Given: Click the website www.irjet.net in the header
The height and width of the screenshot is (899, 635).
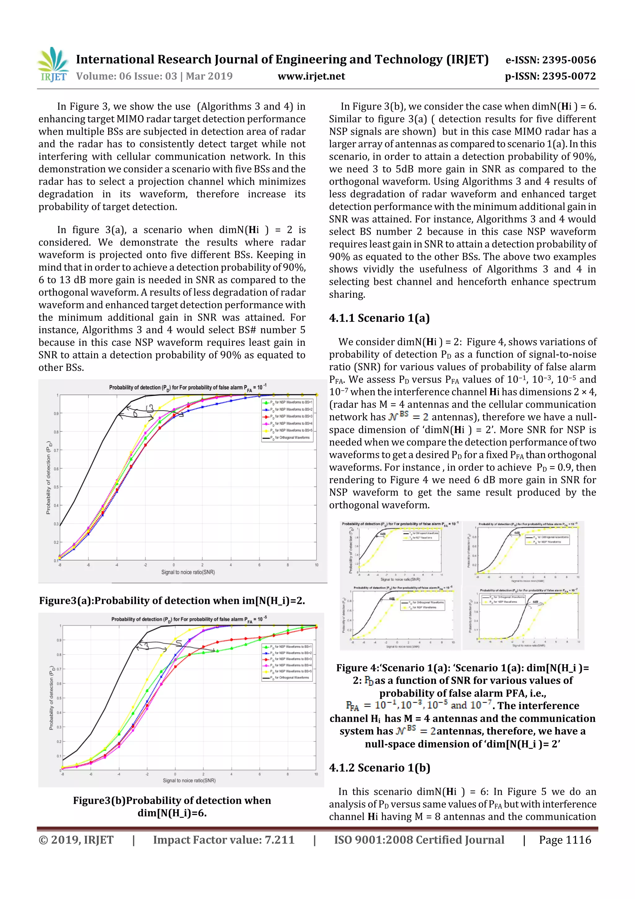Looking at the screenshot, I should tap(311, 76).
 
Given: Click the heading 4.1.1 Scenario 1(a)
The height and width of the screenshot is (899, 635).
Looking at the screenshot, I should tap(379, 318).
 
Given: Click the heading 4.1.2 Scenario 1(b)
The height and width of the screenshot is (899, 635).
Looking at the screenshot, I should tap(380, 768).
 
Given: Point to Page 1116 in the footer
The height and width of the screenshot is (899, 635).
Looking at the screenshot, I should tap(565, 840).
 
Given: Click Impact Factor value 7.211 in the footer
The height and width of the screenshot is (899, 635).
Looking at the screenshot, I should tap(224, 840).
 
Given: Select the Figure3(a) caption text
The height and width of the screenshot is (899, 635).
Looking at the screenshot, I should tap(172, 601).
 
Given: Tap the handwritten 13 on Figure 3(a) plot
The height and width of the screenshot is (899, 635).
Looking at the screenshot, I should tap(149, 408).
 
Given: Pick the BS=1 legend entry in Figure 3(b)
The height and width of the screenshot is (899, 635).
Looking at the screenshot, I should tap(290, 647).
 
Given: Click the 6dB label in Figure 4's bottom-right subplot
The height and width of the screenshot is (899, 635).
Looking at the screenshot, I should tap(535, 602).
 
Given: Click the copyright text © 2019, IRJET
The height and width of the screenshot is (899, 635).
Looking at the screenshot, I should tap(76, 840).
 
